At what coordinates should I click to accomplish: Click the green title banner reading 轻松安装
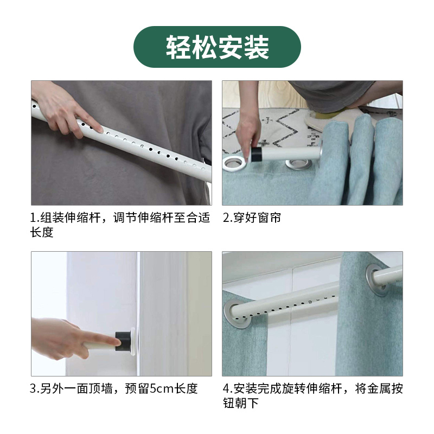click(217, 47)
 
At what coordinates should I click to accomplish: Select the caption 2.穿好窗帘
click(252, 218)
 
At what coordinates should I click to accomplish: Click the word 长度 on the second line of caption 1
click(42, 233)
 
